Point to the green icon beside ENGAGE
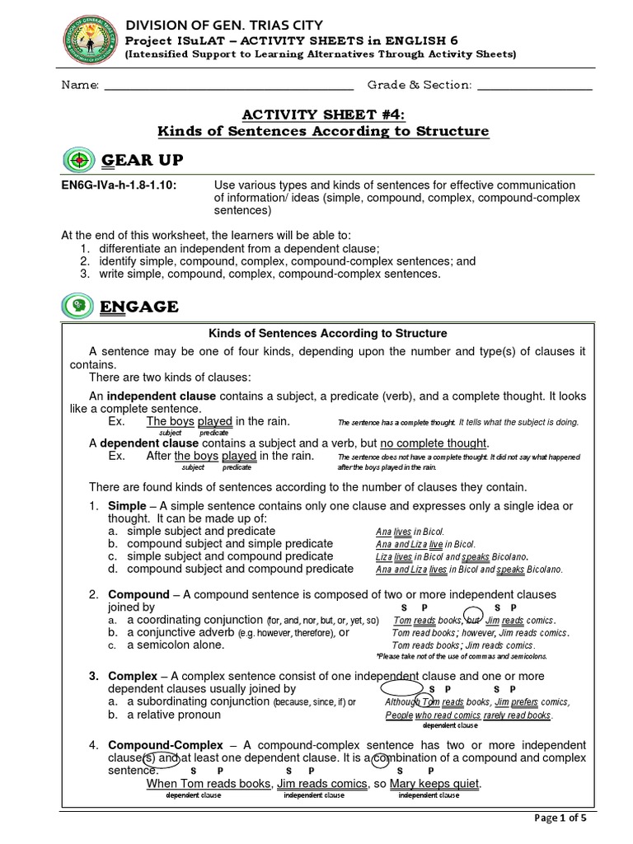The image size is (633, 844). (x=78, y=307)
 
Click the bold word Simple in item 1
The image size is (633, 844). (x=127, y=505)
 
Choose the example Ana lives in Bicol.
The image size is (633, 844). (x=410, y=532)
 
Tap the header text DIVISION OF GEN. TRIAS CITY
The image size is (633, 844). (x=223, y=25)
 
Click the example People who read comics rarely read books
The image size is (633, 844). (x=468, y=715)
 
